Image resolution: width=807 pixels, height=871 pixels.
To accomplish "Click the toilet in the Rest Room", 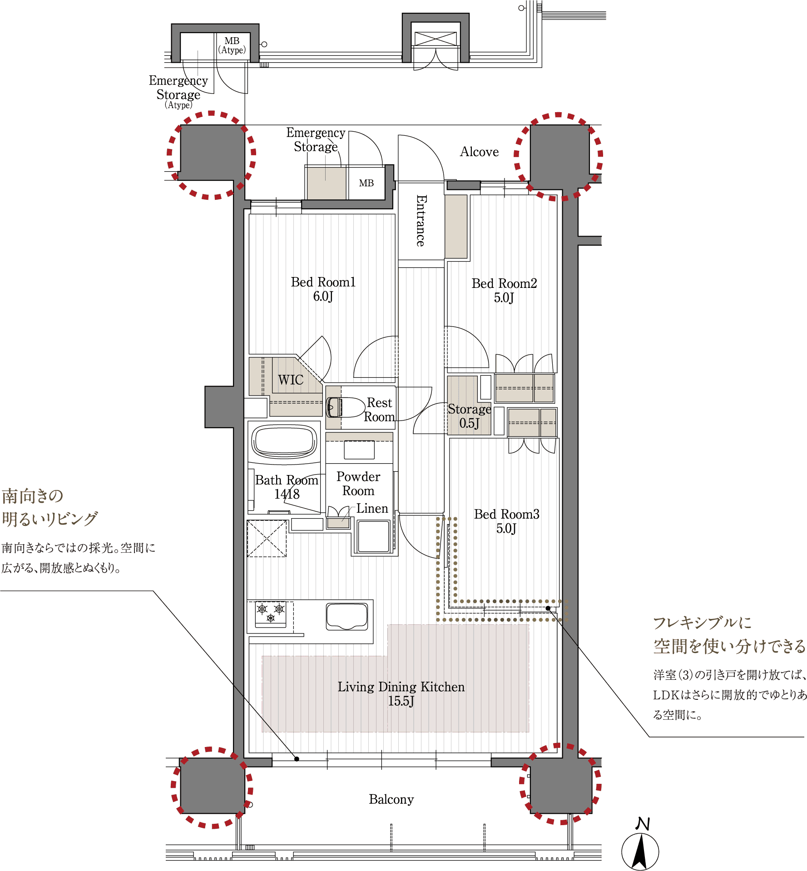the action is pyautogui.click(x=346, y=407).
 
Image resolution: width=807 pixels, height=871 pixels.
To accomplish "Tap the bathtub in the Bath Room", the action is pyautogui.click(x=285, y=441).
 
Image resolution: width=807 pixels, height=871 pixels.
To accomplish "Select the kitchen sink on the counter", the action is pyautogui.click(x=347, y=616).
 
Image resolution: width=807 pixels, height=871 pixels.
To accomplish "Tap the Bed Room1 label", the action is pyautogui.click(x=323, y=289).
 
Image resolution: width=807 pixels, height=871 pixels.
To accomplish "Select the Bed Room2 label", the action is pyautogui.click(x=504, y=291).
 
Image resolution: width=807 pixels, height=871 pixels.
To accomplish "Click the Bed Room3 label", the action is pyautogui.click(x=506, y=521).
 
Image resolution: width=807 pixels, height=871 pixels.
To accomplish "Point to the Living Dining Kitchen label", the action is pyautogui.click(x=401, y=693).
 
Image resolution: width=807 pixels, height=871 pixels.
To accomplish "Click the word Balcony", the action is pyautogui.click(x=391, y=799).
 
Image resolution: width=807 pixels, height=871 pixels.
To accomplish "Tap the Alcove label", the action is pyautogui.click(x=479, y=152).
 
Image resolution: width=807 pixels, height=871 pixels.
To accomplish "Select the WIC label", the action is pyautogui.click(x=291, y=380).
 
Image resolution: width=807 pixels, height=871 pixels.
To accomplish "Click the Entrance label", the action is pyautogui.click(x=421, y=221).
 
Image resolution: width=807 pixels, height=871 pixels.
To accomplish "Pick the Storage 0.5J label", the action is pyautogui.click(x=469, y=416).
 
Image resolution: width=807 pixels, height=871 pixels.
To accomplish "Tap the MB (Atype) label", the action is pyautogui.click(x=232, y=45).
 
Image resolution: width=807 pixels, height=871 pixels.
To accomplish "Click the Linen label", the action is pyautogui.click(x=372, y=508).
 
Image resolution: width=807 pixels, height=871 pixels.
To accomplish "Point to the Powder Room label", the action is pyautogui.click(x=358, y=484).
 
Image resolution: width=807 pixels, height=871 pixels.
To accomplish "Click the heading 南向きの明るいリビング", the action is pyautogui.click(x=50, y=507).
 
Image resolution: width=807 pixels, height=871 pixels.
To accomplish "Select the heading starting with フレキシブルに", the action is pyautogui.click(x=729, y=634).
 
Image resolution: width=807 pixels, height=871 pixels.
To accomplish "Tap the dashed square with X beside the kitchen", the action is pyautogui.click(x=267, y=539).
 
